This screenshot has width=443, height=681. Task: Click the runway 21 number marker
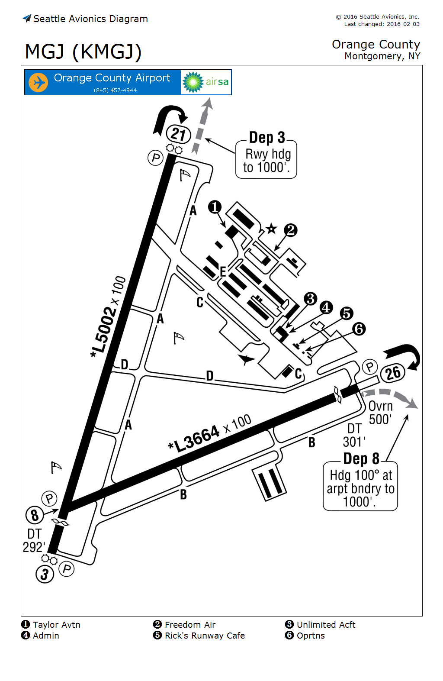pos(178,134)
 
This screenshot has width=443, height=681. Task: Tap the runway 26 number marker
pos(393,373)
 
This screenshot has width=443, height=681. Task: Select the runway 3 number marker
pos(45,574)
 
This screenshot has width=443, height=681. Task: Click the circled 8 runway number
pos(35,515)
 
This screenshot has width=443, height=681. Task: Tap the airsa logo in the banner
pos(206,82)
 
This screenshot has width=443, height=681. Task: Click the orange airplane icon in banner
pos(38,82)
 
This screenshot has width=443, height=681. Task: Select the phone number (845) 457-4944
pos(115,90)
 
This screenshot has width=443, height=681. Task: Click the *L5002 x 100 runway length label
pos(108,316)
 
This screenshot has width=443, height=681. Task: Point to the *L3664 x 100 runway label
pos(209,433)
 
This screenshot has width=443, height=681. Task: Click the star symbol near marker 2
pos(271,228)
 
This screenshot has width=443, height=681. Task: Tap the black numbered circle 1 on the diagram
pos(215,207)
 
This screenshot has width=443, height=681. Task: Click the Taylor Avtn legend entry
pos(51,625)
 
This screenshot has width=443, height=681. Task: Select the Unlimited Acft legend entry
pos(321,625)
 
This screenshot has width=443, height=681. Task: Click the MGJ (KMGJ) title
pos(83,52)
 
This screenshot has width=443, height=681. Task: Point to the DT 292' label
pos(34,540)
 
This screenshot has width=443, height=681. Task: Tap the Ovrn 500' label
pos(380,413)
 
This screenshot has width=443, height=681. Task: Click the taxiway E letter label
pos(223,271)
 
